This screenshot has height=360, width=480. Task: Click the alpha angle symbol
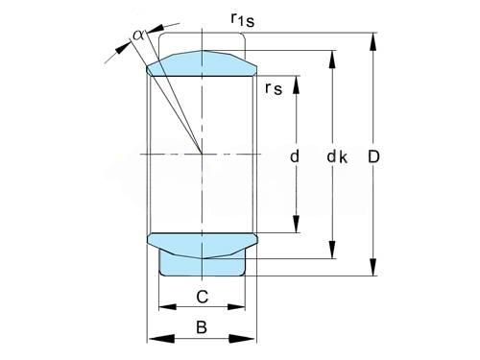(138, 35)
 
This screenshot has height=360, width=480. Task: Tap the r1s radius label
(243, 20)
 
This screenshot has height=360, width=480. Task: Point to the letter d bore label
(295, 156)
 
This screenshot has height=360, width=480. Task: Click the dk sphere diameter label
(337, 156)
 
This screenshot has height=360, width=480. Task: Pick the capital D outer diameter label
(373, 156)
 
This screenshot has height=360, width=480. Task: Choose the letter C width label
(203, 297)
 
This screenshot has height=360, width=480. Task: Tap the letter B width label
(202, 327)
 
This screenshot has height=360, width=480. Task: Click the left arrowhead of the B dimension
(162, 339)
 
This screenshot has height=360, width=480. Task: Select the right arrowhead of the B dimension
(242, 339)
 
